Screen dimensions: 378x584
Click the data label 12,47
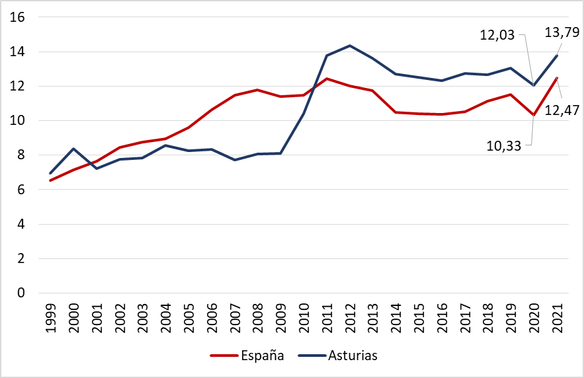coord(562,112)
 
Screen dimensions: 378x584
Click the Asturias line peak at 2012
coord(350,46)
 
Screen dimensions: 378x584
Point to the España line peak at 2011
coord(327,79)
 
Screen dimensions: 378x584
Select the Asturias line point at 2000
coord(73,149)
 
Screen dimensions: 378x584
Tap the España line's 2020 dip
coord(534,115)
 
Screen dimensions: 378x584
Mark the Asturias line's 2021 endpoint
coord(557,56)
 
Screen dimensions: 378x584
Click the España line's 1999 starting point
coord(50,180)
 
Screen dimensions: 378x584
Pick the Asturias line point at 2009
coord(280,153)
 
